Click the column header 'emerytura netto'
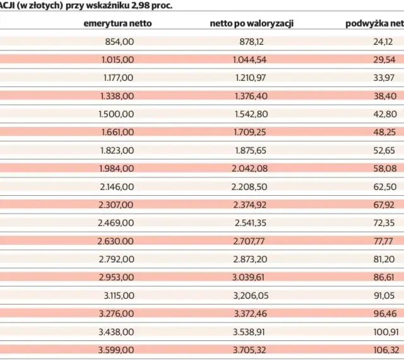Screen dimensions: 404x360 coord(117,23)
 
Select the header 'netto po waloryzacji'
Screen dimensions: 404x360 coord(252,23)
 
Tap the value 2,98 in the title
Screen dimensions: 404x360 coord(140,6)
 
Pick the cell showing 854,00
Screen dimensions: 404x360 coord(119,42)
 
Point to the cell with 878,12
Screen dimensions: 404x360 coord(251,42)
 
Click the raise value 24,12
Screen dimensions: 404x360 coord(383,42)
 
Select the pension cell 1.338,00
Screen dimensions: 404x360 coord(117,96)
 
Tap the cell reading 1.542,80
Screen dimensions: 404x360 coord(251,114)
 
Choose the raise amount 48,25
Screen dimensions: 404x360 coord(384,132)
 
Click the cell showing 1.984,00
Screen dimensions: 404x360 coord(117,169)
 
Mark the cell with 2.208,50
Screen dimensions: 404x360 coord(249,187)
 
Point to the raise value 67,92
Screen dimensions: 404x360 coord(384,205)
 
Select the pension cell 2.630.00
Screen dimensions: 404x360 coord(116,241)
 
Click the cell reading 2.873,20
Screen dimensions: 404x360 coord(250,259)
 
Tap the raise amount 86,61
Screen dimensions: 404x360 coord(384,277)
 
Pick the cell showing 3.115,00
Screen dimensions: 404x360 coord(119,296)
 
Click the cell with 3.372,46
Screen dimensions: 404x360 coord(251,314)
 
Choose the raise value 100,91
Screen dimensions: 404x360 coord(386,332)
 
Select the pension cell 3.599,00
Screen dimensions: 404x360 coord(116,350)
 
